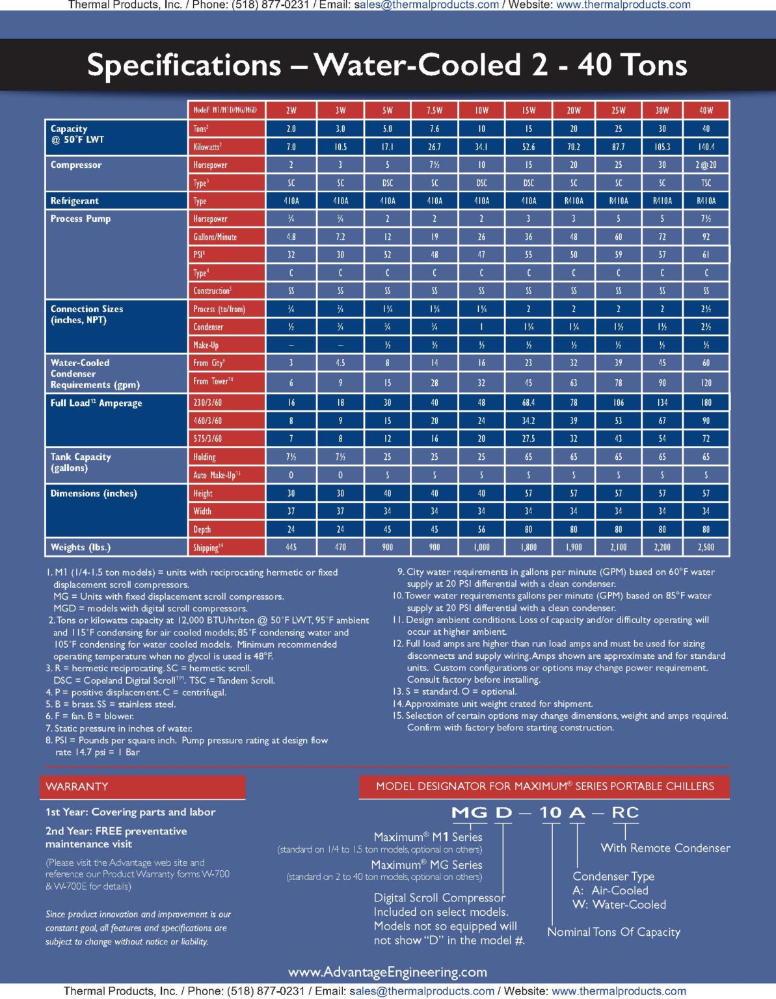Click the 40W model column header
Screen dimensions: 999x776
(706, 110)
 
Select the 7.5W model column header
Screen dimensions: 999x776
(435, 110)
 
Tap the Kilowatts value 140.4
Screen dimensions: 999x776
(706, 147)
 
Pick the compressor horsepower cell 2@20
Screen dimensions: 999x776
(706, 165)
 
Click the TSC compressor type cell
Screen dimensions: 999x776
(706, 183)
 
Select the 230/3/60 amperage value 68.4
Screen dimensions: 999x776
(528, 403)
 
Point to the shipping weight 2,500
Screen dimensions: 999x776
(706, 548)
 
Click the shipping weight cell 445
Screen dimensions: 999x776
(291, 548)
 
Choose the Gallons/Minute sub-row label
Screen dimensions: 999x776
(215, 237)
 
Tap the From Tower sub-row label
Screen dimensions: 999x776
(213, 382)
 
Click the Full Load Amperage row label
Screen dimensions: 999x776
(96, 403)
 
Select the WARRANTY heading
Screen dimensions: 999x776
(77, 787)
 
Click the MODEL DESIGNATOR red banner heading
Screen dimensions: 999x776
(544, 786)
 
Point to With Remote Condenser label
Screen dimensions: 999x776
(665, 848)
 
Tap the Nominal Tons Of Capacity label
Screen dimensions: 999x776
(613, 932)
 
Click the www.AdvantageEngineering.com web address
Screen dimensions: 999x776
(388, 972)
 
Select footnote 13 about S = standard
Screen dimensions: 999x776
(455, 691)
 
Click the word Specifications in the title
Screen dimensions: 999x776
(184, 65)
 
